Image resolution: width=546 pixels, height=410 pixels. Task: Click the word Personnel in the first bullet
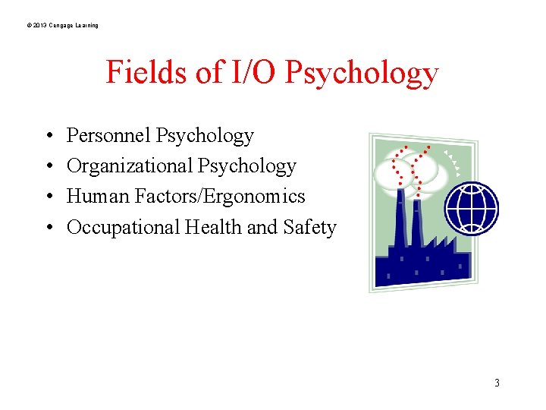click(x=108, y=136)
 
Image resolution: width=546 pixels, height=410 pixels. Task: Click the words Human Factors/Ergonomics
click(x=186, y=197)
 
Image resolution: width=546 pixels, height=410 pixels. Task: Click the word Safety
click(x=309, y=227)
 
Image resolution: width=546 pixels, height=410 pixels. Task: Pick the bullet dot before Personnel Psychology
click(x=48, y=137)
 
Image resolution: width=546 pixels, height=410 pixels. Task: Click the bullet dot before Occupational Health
click(x=48, y=228)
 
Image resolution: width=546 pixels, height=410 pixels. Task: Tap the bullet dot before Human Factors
click(x=48, y=197)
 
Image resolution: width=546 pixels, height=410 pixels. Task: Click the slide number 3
click(x=497, y=383)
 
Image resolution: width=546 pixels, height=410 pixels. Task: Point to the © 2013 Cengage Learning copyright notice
click(x=61, y=26)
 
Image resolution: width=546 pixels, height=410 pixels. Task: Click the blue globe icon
click(x=471, y=209)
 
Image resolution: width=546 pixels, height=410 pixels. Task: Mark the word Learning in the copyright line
click(x=86, y=26)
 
